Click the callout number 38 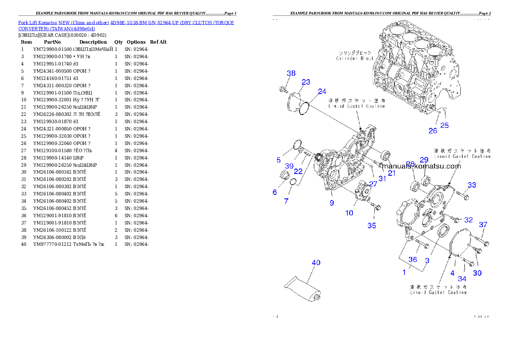coord(291,74)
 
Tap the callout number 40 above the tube coord(316,263)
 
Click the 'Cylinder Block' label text coord(355,58)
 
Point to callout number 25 coord(445,125)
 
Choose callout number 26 coord(433,131)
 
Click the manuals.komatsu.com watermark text coord(421,166)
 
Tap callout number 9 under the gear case coord(332,203)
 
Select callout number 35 coord(372,225)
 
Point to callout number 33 coord(471,185)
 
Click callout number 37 coord(483,224)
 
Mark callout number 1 coord(404,272)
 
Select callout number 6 coord(275,192)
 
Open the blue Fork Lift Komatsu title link coord(126,25)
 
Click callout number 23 coord(306,82)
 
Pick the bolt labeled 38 coord(283,89)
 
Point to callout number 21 coord(392,173)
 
